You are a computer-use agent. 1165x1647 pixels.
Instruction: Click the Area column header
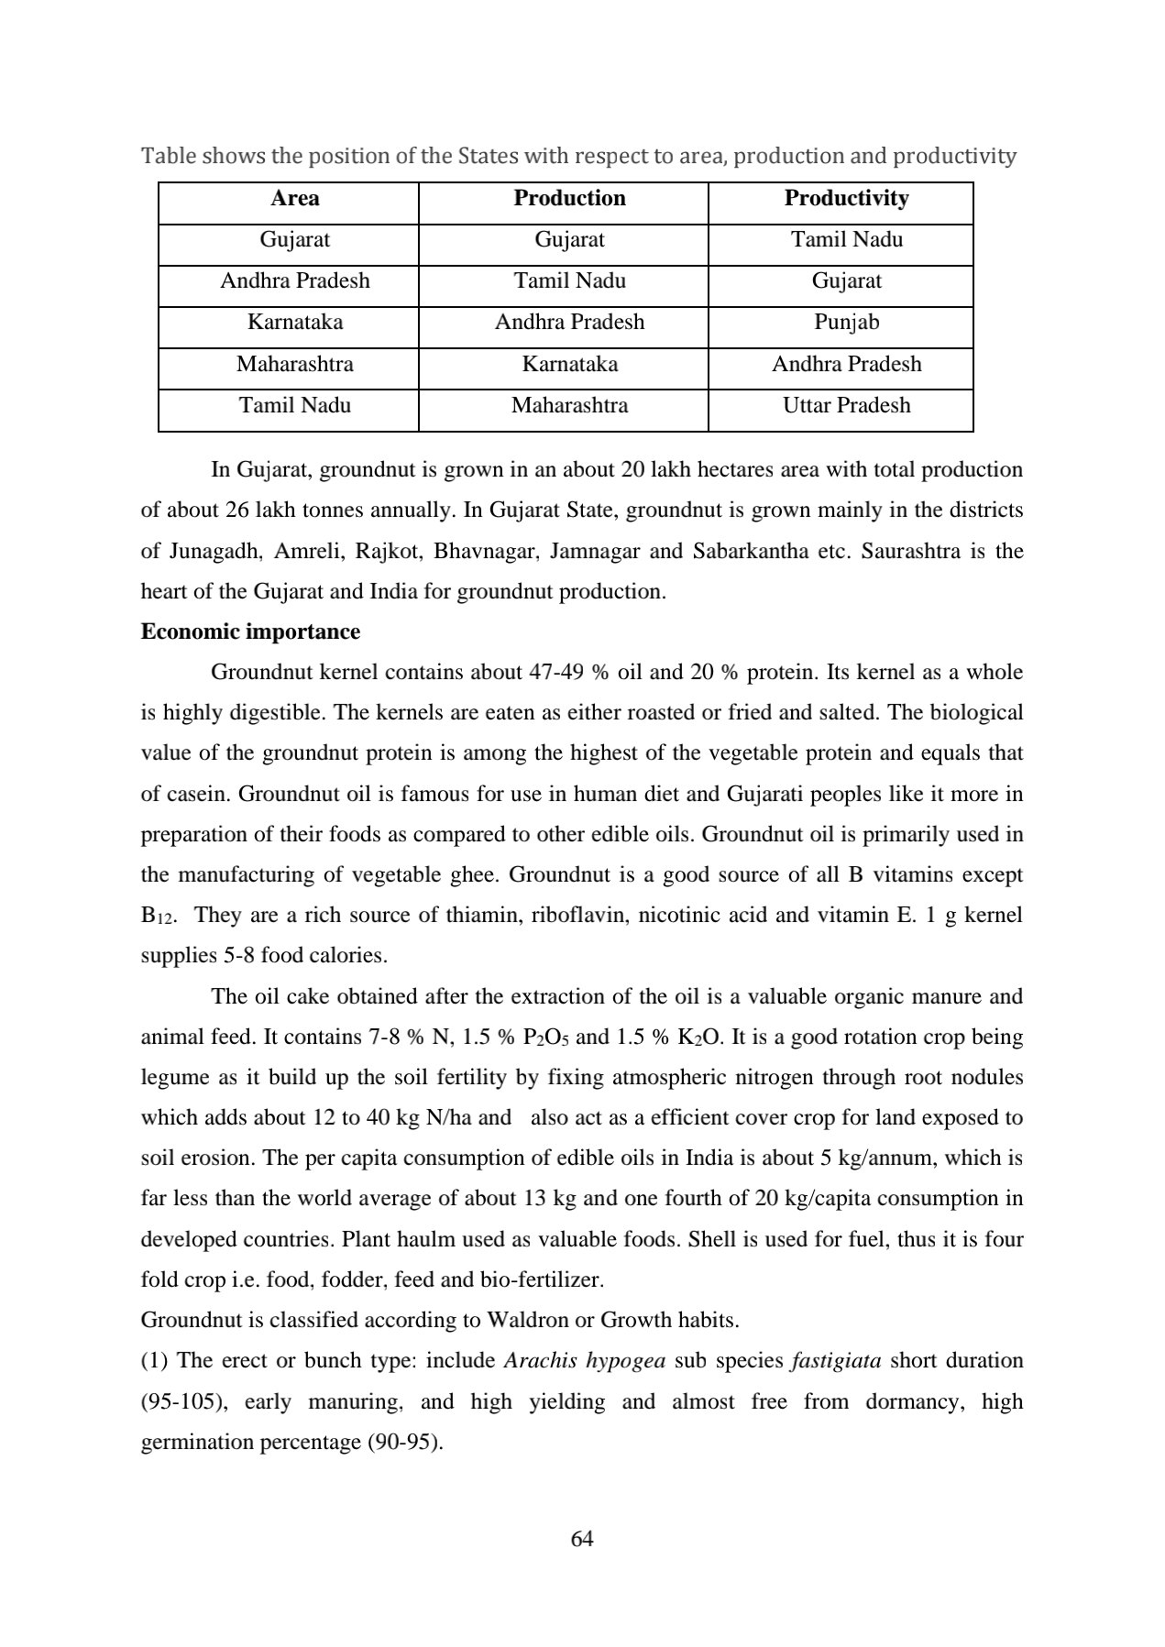295,199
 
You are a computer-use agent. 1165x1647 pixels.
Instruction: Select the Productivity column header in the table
846,199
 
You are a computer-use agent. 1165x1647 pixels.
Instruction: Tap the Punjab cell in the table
846,323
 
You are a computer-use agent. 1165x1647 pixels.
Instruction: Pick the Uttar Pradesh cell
846,406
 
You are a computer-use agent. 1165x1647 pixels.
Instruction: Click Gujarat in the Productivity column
846,281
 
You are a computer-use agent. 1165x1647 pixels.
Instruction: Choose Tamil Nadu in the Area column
295,406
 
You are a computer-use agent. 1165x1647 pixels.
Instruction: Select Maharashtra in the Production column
569,406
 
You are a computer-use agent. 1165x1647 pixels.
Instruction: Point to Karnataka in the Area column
295,323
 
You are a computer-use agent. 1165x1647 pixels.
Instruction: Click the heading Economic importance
250,632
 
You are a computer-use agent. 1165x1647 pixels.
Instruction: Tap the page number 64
582,1539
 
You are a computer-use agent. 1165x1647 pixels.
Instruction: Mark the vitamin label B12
158,917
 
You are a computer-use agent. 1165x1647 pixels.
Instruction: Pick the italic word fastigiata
836,1360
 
